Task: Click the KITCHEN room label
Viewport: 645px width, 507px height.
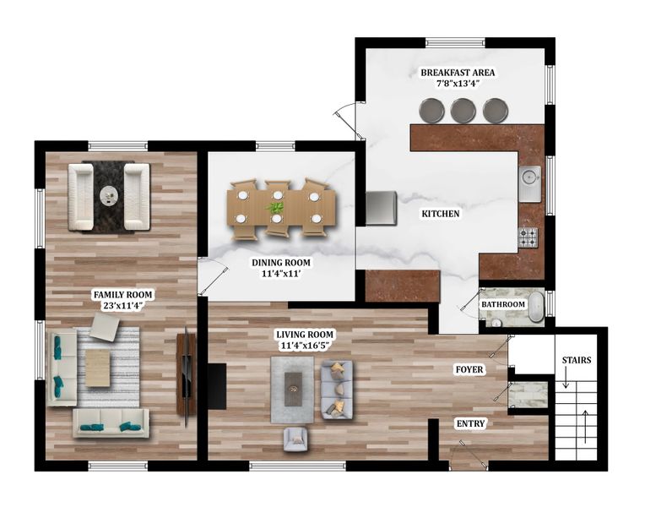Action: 440,214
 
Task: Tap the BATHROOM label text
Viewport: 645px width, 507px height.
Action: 503,304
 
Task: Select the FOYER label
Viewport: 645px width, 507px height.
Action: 469,369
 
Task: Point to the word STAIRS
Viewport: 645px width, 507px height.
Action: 577,360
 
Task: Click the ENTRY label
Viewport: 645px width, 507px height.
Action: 470,423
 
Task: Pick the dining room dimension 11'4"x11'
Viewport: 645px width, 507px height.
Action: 281,273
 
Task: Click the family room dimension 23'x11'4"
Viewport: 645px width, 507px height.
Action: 123,305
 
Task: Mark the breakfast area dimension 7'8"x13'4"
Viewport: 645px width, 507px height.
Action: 458,84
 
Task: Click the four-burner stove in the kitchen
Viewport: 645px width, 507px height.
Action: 528,237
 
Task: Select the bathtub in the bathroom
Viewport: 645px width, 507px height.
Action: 535,307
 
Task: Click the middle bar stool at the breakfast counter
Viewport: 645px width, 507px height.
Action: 463,111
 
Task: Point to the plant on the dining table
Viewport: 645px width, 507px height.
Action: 275,206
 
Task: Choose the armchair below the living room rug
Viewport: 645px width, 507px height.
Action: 295,439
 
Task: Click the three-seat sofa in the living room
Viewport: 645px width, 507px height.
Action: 337,390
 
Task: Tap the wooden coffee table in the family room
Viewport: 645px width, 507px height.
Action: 98,368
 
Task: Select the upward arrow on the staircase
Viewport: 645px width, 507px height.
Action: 585,427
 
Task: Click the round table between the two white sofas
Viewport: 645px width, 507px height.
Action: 109,195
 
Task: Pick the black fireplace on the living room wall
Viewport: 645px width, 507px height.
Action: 217,386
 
